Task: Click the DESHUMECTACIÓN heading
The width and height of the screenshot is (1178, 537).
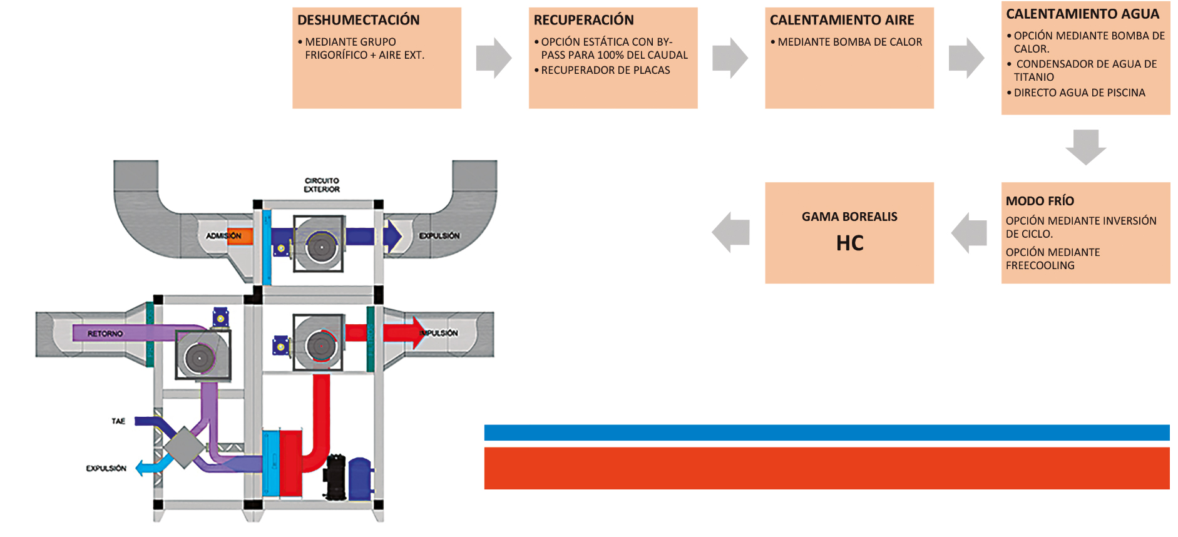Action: point(358,20)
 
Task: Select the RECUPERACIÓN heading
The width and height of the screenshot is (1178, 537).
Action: point(583,20)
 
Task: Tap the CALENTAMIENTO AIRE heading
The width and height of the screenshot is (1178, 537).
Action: point(842,20)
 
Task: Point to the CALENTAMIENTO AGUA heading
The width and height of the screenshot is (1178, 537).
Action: point(1082,14)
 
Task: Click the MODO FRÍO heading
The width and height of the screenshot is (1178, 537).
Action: point(1040,201)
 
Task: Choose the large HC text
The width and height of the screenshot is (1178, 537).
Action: point(849,243)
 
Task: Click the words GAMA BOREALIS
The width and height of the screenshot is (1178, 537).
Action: point(849,217)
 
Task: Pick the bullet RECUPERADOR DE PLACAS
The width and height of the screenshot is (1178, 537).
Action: point(605,70)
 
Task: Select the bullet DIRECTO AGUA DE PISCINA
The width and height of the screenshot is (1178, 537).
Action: point(1079,93)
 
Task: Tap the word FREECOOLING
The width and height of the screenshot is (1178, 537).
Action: point(1040,265)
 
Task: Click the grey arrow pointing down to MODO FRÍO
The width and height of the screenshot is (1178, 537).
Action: point(1085,146)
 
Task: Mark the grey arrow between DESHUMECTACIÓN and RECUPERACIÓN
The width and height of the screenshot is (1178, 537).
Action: point(493,58)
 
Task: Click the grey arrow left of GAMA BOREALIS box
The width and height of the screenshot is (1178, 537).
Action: point(731,232)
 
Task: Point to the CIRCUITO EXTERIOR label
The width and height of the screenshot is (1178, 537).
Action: point(322,185)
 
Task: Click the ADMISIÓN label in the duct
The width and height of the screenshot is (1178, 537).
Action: point(223,236)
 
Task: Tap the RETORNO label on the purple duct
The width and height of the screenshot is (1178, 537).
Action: point(105,334)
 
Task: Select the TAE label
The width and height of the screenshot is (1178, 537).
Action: point(118,421)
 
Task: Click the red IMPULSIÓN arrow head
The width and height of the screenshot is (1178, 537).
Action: point(416,332)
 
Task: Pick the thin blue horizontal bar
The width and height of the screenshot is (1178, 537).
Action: point(826,432)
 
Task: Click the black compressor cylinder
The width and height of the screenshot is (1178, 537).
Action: point(335,477)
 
